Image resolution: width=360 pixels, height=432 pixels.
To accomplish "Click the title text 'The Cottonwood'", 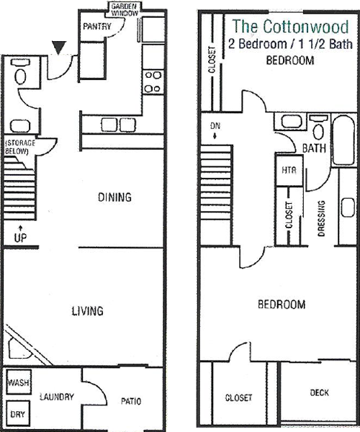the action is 291,27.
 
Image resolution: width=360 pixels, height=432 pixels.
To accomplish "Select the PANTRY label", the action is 97,27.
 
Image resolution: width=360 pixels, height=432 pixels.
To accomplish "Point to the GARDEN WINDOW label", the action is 125,9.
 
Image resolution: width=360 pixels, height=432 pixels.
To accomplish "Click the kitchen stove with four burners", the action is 153,82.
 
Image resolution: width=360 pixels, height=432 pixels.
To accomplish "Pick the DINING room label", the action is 114,197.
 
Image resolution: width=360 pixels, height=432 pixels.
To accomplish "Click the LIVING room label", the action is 88,311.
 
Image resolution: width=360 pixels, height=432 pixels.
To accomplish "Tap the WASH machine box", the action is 19,382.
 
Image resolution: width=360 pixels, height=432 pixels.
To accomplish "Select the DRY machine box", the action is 17,414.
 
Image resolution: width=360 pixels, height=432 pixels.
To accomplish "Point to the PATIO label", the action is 131,401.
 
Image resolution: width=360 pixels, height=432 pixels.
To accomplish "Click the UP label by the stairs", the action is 20,238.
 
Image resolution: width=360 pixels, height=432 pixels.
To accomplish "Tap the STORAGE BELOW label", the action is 20,147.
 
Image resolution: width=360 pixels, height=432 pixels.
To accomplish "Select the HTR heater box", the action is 289,170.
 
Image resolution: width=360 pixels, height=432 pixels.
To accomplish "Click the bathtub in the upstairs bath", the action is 343,140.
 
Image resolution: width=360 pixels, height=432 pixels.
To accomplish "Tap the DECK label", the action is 319,392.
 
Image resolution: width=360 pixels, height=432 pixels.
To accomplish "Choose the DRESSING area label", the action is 321,218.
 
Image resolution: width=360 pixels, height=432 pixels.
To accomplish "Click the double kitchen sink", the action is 118,125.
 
